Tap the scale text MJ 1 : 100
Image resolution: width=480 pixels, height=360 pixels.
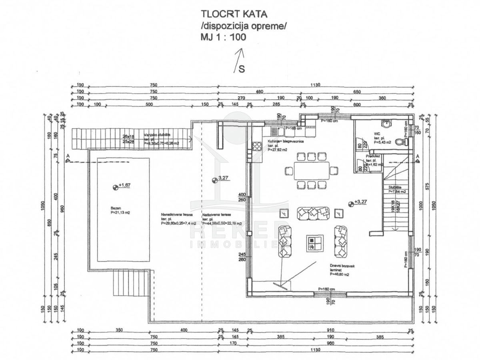click(224, 37)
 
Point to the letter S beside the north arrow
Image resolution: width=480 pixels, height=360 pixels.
click(242, 69)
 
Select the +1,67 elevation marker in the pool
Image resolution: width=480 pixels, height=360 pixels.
click(116, 186)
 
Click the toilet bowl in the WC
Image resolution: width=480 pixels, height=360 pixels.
click(399, 142)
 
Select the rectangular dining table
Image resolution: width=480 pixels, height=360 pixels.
click(312, 171)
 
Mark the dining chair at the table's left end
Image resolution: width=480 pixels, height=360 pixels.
click(288, 171)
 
